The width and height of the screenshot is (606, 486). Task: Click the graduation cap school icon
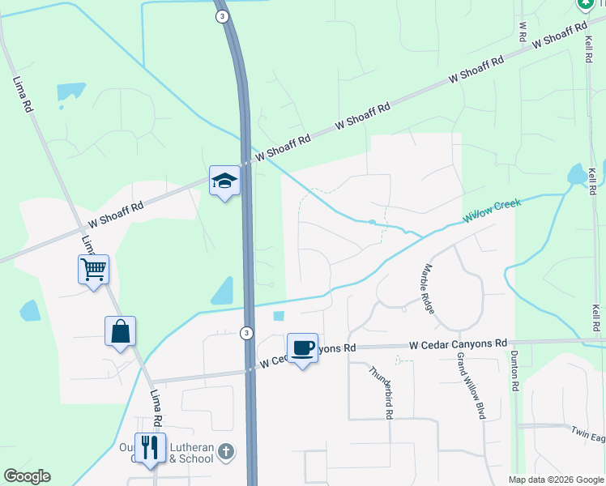224,181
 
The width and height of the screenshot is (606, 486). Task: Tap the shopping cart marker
93,269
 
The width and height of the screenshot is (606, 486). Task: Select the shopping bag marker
120,331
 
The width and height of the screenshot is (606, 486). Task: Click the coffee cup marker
302,348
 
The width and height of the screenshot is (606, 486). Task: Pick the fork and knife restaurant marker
150,448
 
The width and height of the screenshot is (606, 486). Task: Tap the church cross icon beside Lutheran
227,450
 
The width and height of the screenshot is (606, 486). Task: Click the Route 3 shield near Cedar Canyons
246,333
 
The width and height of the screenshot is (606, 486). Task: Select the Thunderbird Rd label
381,391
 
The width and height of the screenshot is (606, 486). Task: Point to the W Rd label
523,32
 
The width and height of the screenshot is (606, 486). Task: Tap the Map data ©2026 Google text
555,480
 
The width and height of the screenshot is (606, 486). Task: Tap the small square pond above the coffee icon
280,316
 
